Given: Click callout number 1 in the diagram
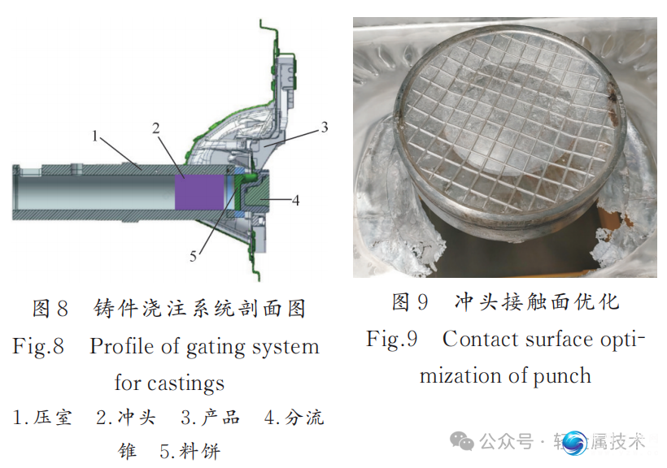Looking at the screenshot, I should tap(96, 136).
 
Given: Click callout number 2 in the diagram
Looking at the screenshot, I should tap(155, 128).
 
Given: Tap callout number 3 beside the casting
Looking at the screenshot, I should tap(324, 127).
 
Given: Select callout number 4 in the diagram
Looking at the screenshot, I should tap(296, 199).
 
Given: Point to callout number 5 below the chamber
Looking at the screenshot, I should tap(194, 256).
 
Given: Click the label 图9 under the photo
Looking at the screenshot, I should tap(410, 302).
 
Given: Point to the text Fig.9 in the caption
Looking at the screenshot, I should tap(392, 339).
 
